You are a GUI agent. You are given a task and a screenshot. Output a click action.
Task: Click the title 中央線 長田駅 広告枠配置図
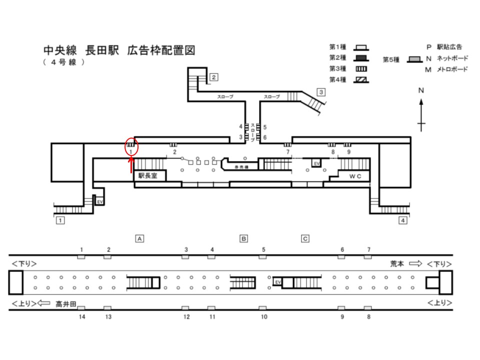tap(118, 50)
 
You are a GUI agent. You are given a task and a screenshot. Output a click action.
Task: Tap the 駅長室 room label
tap(148, 175)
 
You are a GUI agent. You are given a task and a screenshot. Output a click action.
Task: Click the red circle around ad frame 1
tap(131, 147)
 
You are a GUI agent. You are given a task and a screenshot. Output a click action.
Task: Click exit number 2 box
tap(213, 77)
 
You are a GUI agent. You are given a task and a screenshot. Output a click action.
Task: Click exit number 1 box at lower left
tap(59, 220)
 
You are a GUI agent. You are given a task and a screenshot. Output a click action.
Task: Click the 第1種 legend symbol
tap(361, 48)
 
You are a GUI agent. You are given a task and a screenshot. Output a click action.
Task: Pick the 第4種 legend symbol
tap(361, 79)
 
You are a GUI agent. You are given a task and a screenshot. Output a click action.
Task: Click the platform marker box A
tap(140, 238)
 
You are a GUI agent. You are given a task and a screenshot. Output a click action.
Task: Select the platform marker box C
tap(305, 238)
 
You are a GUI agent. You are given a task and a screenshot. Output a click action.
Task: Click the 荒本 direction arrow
tap(415, 263)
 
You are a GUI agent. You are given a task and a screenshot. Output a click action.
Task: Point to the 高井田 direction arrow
tap(44, 302)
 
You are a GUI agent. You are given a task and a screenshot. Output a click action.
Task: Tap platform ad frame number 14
tap(81, 308)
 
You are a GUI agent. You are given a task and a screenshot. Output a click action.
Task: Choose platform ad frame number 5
tap(262, 257)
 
